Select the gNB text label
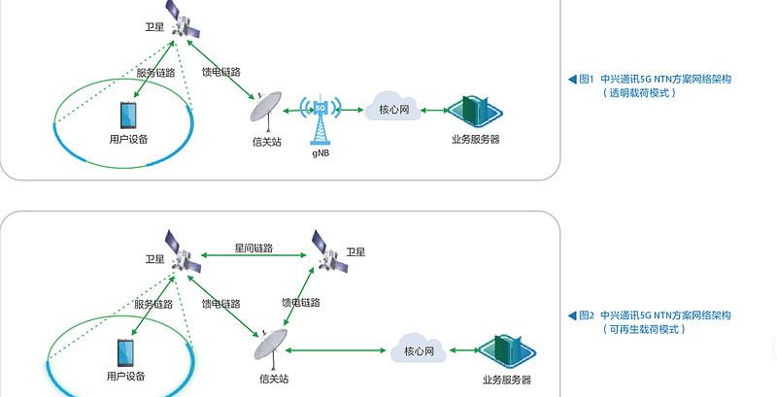[322, 152]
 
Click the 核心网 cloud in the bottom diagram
[420, 348]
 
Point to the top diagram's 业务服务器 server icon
[475, 112]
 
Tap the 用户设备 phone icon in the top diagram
[128, 116]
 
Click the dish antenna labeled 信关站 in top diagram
[265, 111]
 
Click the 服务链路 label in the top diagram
[155, 73]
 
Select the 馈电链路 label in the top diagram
[220, 72]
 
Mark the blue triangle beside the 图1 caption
[572, 80]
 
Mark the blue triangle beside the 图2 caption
[572, 315]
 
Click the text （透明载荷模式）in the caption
[639, 93]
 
